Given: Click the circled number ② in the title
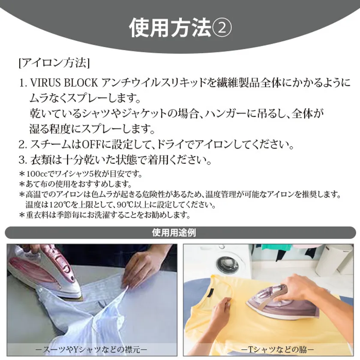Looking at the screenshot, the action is coord(221,28).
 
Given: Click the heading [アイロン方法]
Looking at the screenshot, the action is coord(54,63).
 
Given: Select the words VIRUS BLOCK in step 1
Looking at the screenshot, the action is coord(64,83).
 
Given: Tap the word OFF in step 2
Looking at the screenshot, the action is coord(91,145).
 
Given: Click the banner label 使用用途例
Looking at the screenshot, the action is coord(174,233).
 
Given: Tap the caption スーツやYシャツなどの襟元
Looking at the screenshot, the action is coord(91,350).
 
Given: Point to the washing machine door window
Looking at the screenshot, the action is coord(228,264).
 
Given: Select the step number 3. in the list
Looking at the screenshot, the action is coord(23,160).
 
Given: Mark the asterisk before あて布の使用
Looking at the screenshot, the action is coord(22,184).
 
